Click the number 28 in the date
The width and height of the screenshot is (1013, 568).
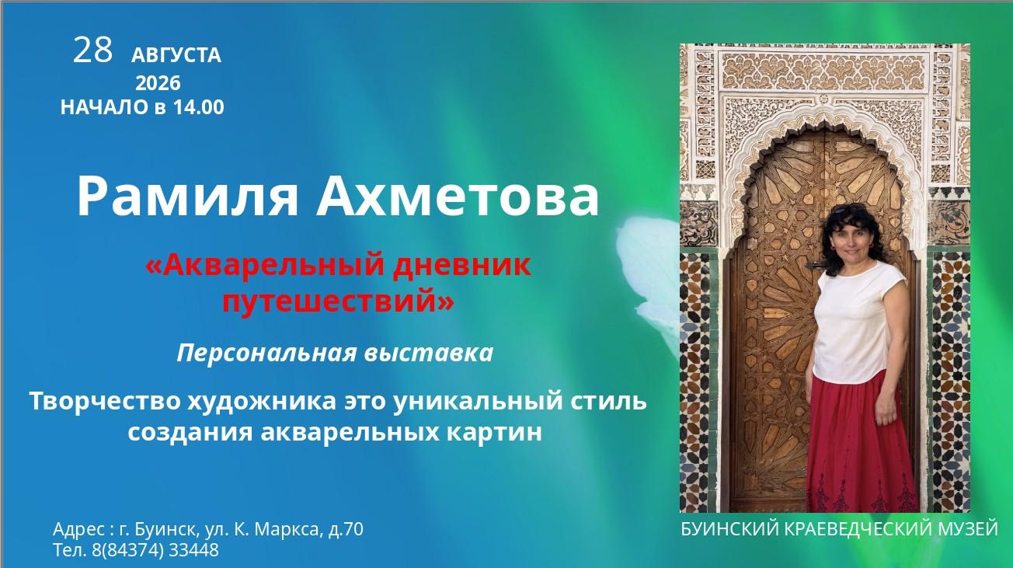[92, 50]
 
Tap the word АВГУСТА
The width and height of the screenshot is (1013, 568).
[176, 56]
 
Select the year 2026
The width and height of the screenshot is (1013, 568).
[158, 83]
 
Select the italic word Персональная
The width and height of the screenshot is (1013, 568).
[266, 354]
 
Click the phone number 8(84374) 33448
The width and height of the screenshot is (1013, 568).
[155, 550]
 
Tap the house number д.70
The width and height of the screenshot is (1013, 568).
[346, 529]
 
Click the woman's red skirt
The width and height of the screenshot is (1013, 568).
[862, 448]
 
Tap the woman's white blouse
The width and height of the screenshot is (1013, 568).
[858, 323]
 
